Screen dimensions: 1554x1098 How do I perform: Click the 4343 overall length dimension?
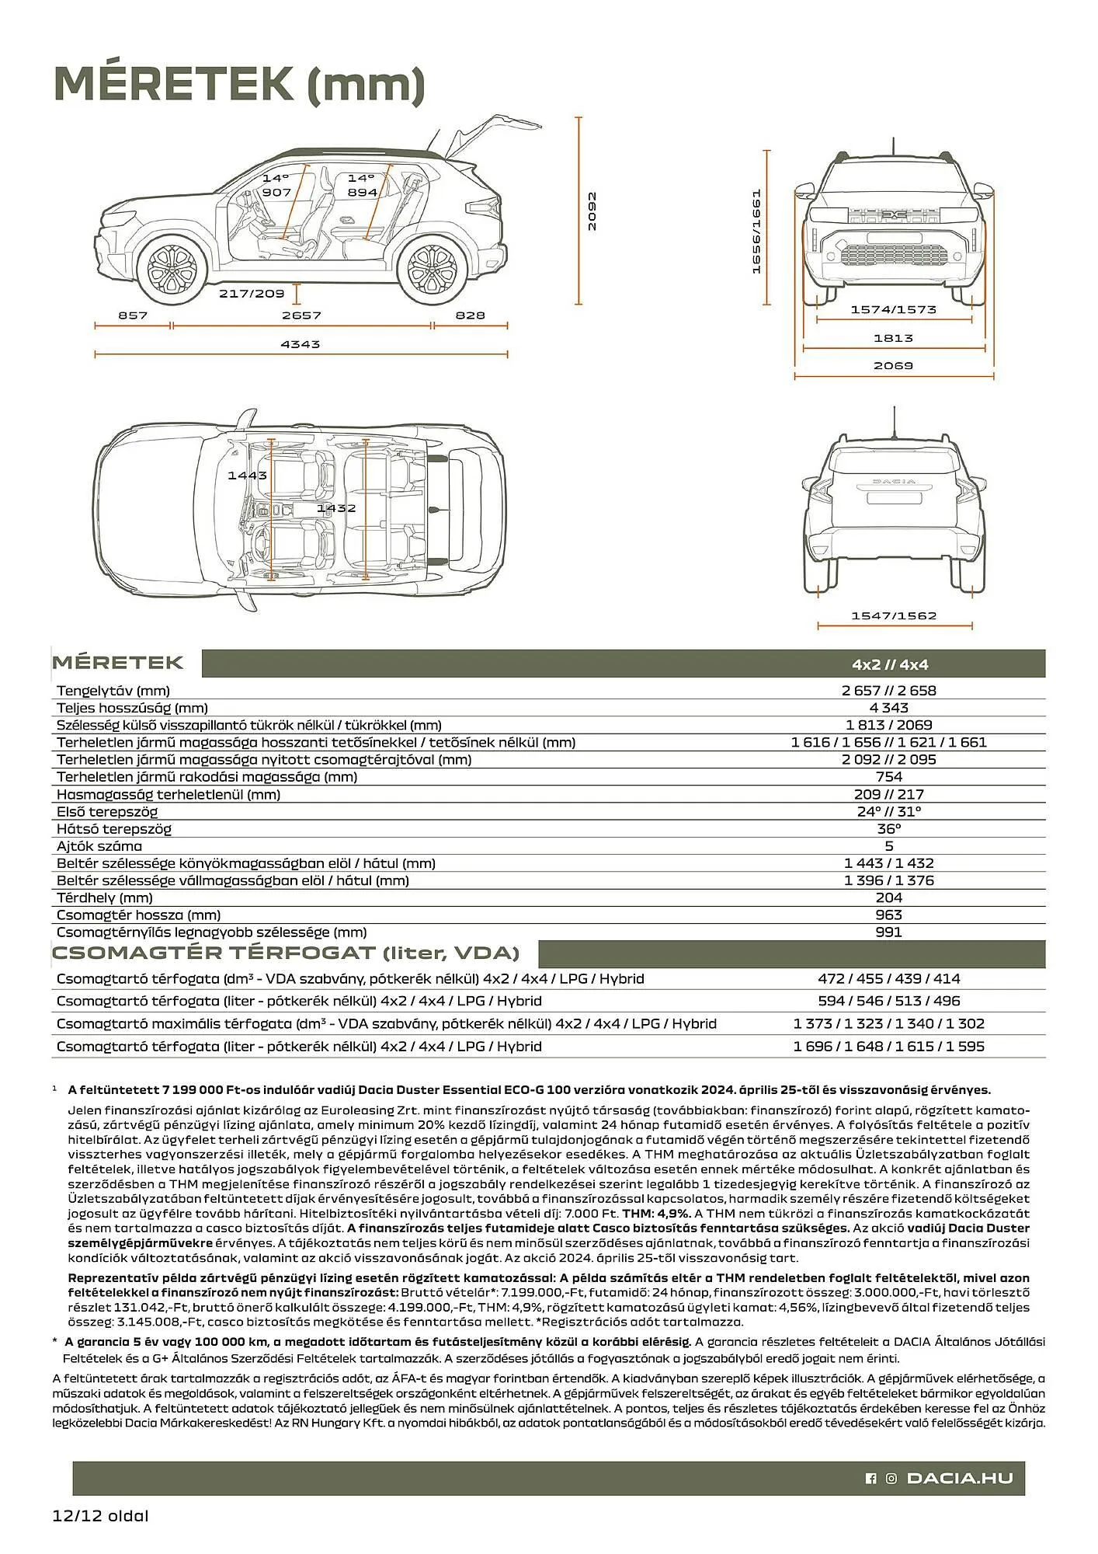301,343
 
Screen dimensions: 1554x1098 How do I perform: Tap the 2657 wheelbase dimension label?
301,315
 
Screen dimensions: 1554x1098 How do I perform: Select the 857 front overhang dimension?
133,315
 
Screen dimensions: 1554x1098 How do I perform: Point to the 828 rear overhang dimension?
470,315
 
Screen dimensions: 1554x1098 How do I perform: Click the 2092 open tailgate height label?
592,211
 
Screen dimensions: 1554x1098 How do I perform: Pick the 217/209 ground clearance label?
251,294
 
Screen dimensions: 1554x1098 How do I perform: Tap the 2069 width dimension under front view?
893,365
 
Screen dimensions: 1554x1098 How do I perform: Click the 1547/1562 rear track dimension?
894,615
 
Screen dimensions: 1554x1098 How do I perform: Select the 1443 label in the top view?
247,475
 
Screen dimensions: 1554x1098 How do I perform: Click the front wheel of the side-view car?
172,267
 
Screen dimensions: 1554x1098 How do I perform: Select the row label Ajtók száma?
99,846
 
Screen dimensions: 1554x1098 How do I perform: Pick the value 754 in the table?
888,777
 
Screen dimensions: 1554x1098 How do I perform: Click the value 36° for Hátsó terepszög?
888,828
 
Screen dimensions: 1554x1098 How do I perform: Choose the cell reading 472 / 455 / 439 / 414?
888,978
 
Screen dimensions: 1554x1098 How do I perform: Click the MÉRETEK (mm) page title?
239,84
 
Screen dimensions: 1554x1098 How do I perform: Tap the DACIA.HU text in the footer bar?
960,1478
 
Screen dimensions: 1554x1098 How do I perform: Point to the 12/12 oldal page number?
101,1514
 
